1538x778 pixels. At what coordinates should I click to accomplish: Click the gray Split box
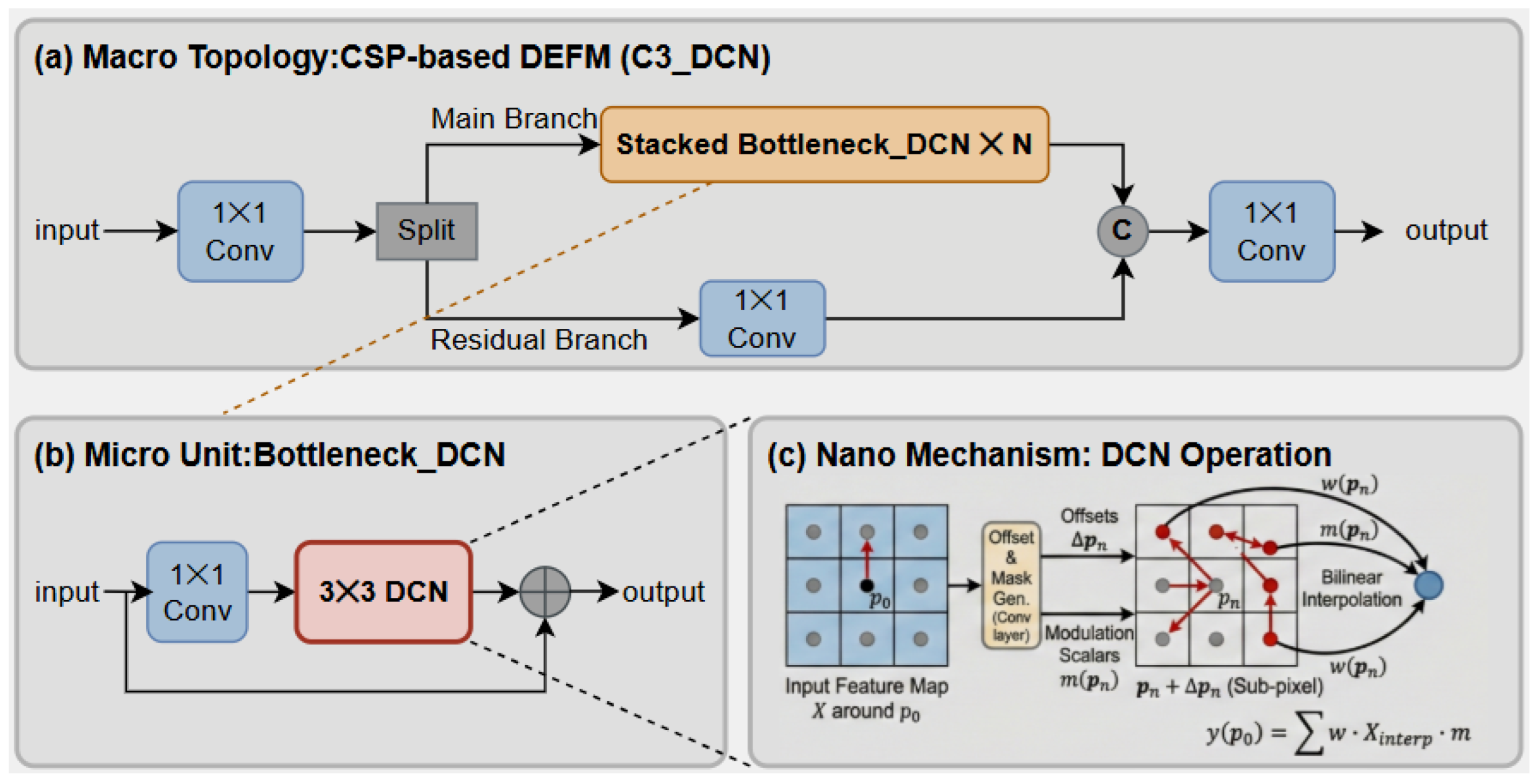(x=427, y=231)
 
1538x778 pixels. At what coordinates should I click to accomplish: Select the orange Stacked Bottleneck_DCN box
(x=824, y=145)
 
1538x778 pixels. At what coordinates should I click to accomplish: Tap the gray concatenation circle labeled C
(x=1122, y=231)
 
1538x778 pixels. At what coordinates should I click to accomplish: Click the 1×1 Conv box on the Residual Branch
(x=762, y=318)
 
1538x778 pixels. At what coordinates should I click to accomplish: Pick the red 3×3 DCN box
(x=383, y=592)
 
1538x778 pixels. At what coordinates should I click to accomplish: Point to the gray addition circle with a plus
(x=545, y=592)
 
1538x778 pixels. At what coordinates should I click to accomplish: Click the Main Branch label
(x=514, y=118)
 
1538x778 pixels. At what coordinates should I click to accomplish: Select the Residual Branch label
(x=539, y=340)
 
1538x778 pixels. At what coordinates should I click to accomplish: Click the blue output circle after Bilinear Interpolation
(x=1429, y=585)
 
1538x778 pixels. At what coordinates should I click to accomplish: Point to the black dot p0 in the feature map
(x=867, y=585)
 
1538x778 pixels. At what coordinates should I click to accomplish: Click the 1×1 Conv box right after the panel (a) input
(x=240, y=231)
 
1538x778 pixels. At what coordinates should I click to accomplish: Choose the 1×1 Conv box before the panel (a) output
(x=1271, y=231)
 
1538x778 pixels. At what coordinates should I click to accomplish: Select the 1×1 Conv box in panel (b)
(x=197, y=592)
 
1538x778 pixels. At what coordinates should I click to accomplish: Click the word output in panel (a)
(x=1446, y=230)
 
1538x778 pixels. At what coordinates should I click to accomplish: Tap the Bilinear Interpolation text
(x=1351, y=588)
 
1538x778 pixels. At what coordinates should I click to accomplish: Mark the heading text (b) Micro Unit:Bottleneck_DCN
(x=270, y=455)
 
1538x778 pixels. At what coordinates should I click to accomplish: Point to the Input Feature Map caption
(x=866, y=686)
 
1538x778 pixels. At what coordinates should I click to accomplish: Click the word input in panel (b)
(x=66, y=592)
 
